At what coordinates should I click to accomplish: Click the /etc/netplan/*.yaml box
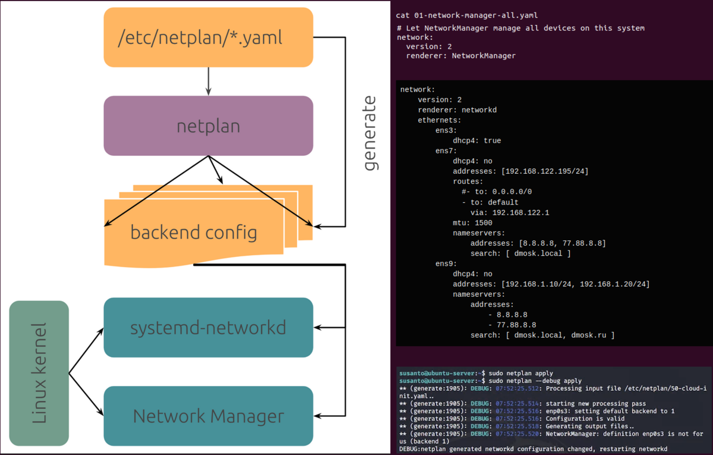(208, 37)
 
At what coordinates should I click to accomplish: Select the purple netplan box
(208, 125)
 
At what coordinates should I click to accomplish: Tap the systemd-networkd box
(208, 327)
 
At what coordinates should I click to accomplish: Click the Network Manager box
(208, 416)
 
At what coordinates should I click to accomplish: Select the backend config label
(194, 231)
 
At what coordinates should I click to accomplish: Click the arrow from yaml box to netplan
(208, 81)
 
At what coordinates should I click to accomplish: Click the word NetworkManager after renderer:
(484, 55)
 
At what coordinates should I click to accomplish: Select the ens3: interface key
(446, 130)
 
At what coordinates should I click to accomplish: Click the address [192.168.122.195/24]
(545, 171)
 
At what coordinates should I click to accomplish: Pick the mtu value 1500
(484, 222)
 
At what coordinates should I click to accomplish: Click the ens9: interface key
(446, 264)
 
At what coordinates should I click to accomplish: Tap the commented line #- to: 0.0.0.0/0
(497, 192)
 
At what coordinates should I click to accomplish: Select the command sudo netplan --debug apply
(535, 380)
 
